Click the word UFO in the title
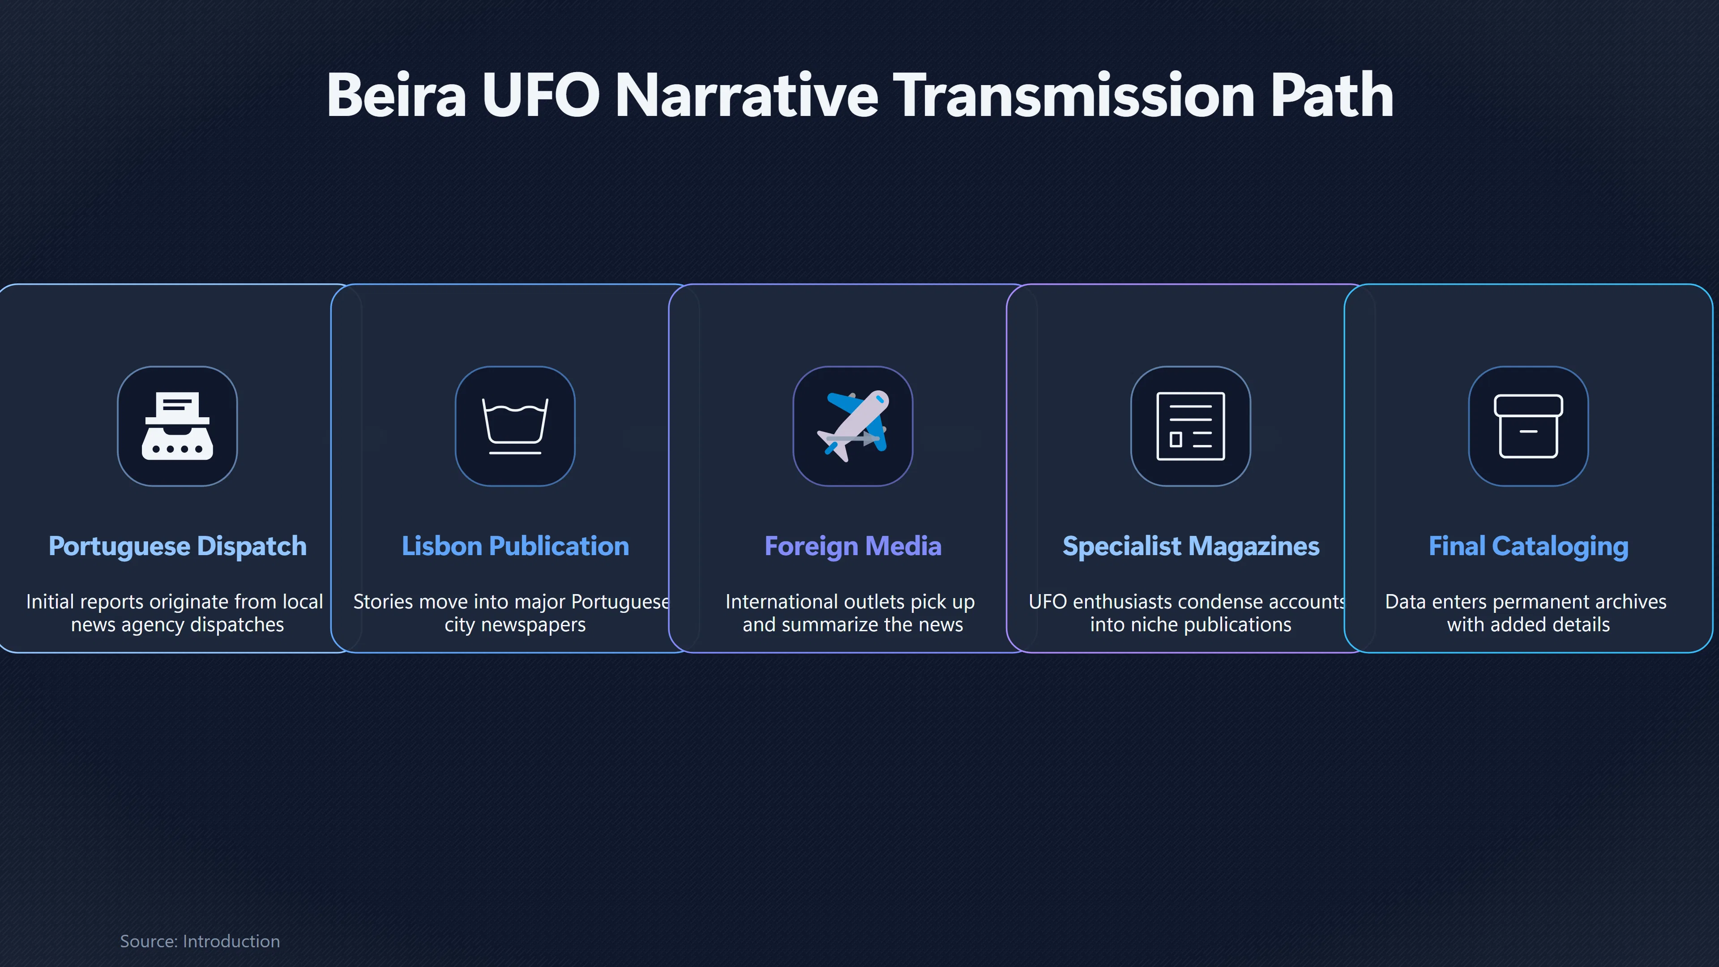point(540,95)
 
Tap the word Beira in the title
point(396,95)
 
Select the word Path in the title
point(1331,95)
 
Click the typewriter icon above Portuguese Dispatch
point(178,426)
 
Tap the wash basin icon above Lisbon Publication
point(515,426)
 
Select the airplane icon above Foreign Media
point(853,426)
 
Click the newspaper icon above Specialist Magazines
point(1190,426)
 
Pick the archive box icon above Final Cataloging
point(1528,426)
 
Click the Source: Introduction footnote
point(200,941)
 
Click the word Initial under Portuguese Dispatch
point(50,602)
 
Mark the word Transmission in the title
point(1074,95)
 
